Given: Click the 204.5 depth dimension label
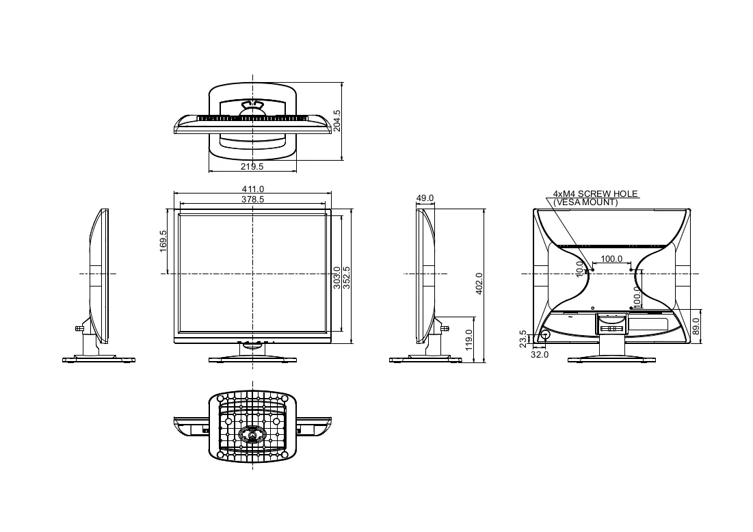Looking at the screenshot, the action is coord(336,120).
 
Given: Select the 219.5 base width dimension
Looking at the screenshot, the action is coord(252,167).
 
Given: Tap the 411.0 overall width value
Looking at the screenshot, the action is coord(252,189).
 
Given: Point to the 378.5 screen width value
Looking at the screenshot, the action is coord(252,199).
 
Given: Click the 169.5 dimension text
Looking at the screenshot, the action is coord(163,241).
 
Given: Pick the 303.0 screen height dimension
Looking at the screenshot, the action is coord(337,278).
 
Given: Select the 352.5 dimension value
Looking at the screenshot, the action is coord(347,278).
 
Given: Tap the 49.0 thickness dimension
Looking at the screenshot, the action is coord(425,198).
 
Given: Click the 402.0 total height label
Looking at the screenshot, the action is coord(479,283).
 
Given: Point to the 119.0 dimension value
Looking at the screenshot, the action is coord(469,339).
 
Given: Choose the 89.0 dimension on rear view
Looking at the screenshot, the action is coord(696,326).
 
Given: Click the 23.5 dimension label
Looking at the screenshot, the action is coord(523,338).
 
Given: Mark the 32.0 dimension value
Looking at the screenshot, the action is coord(540,354).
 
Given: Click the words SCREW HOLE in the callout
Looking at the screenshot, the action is coord(607,194).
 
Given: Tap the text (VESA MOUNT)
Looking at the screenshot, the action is coord(585,202).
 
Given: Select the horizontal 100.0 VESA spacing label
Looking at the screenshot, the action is coord(611,258).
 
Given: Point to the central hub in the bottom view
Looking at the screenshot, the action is coord(252,434).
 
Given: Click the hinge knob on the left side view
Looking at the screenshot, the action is coord(79,329).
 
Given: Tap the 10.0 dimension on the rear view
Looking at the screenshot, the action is coord(580,269).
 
